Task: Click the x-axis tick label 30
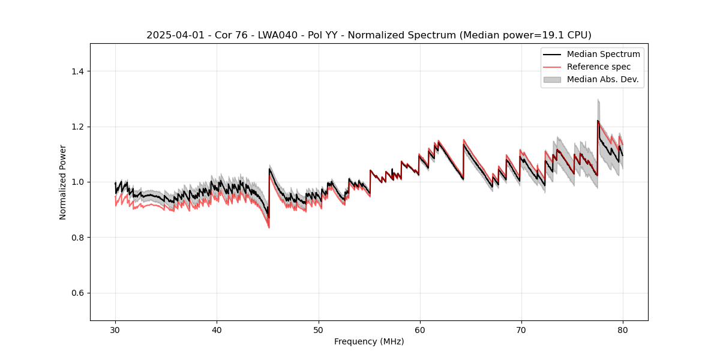point(115,330)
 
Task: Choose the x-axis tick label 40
point(217,330)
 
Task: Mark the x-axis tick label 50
point(318,330)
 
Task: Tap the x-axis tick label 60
point(419,330)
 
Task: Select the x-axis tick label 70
point(521,330)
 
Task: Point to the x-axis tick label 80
point(622,330)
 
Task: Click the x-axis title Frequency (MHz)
point(369,341)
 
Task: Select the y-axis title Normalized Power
point(63,182)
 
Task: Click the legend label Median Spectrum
point(603,54)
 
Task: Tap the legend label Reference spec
point(599,67)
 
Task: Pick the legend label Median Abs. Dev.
point(602,79)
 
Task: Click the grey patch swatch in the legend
point(552,79)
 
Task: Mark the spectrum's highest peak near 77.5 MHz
point(598,121)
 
